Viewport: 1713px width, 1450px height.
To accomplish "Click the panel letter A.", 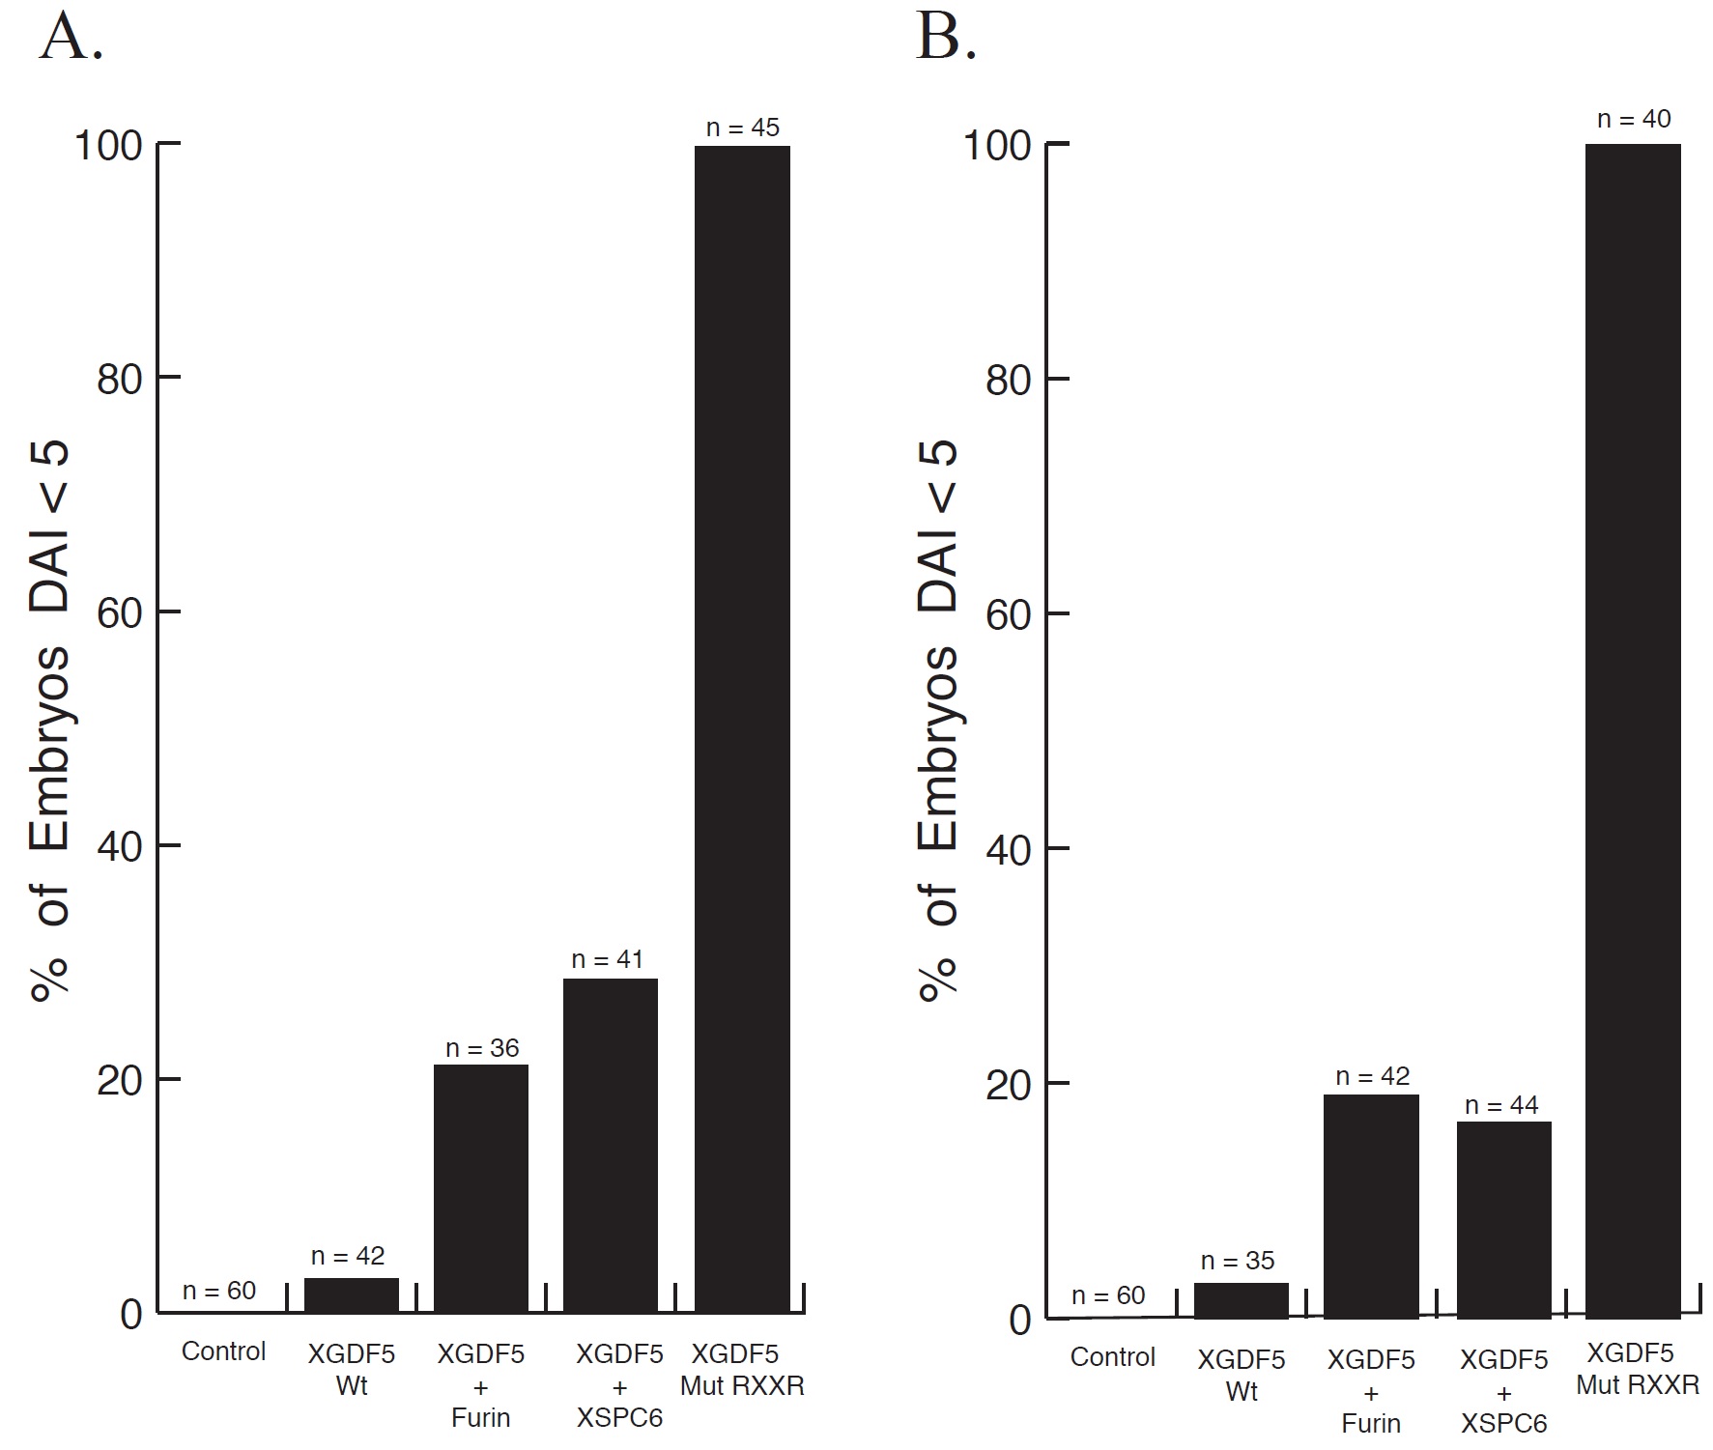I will coord(71,41).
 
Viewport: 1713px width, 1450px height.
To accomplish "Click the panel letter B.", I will coord(945,41).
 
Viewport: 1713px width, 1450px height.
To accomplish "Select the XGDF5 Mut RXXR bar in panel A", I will coord(742,729).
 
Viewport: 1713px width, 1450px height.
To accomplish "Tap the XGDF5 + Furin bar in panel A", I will coord(481,1188).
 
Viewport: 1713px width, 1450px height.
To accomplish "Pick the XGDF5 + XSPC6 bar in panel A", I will coord(611,1146).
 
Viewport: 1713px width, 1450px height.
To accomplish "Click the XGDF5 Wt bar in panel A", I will coord(352,1295).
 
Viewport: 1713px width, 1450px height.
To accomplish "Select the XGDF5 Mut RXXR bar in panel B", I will coord(1633,729).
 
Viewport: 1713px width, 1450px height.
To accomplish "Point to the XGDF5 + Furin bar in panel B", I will coord(1371,1206).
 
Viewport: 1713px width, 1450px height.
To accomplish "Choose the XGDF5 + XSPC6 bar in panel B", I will coord(1503,1219).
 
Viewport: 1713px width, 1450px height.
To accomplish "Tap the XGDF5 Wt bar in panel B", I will coord(1242,1300).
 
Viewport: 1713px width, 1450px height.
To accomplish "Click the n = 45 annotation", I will coord(742,128).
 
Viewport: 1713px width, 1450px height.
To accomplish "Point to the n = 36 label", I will coord(482,1048).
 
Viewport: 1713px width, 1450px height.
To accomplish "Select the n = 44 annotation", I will coord(1501,1105).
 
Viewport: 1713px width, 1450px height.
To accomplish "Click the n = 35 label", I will coord(1238,1261).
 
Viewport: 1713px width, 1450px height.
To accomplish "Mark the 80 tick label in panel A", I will coord(120,380).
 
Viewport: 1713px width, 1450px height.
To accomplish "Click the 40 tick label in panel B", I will coord(1009,849).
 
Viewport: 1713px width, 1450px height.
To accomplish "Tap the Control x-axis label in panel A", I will coord(223,1350).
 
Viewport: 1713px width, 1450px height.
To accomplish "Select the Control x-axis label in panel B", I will coord(1112,1356).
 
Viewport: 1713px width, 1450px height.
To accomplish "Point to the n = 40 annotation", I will coord(1634,119).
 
